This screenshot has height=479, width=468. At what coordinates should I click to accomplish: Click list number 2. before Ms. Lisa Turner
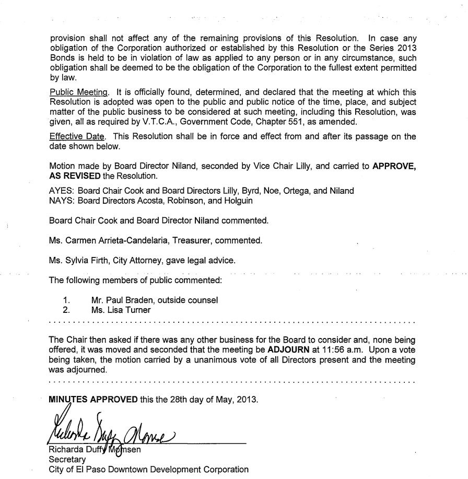tap(65, 310)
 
